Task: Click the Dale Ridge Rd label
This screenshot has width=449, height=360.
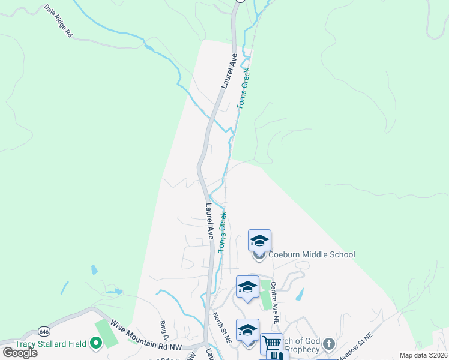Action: [59, 22]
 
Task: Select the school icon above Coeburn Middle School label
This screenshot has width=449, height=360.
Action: [259, 241]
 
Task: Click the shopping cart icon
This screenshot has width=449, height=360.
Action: [271, 344]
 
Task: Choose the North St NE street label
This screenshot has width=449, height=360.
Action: [221, 328]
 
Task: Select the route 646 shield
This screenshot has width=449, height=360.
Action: [44, 331]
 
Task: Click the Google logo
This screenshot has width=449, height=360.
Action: [19, 353]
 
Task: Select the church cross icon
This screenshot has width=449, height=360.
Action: [328, 344]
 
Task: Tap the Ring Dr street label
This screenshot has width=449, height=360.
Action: [163, 329]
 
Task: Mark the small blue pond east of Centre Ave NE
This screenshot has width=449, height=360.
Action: [300, 294]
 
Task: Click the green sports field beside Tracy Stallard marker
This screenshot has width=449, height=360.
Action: [107, 332]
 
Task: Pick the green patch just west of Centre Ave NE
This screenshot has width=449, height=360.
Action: [265, 294]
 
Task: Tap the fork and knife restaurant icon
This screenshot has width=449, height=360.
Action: [277, 356]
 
